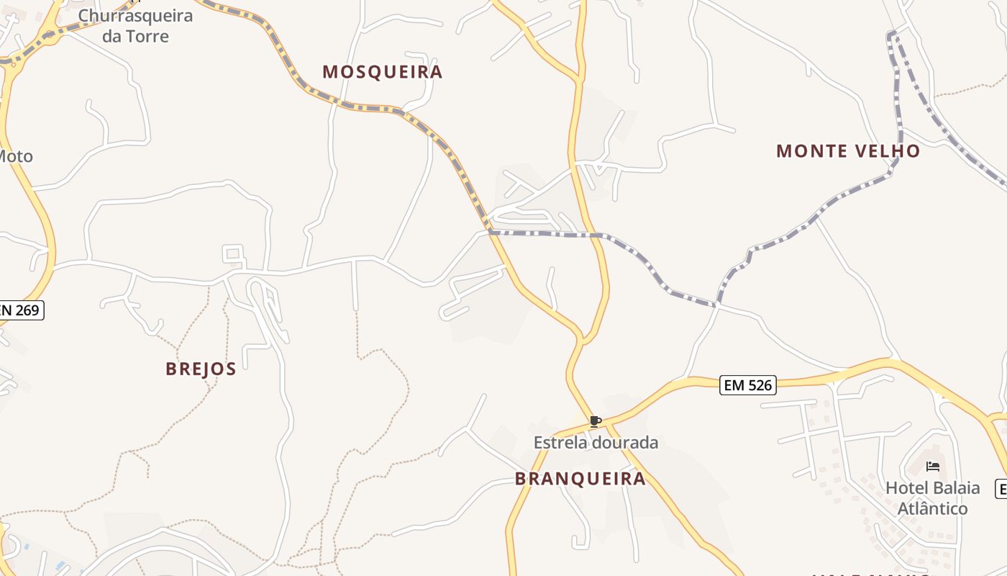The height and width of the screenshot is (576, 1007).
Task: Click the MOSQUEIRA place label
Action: tap(382, 72)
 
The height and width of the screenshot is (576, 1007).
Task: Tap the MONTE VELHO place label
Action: tap(848, 151)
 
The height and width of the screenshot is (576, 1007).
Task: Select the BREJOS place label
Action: tap(201, 369)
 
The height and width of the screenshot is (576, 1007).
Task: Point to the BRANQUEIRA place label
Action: tap(580, 479)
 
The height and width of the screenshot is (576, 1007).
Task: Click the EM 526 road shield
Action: tap(747, 385)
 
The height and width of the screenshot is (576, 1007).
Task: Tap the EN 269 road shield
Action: tap(22, 310)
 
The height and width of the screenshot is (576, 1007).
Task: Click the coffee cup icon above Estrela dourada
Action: tap(595, 421)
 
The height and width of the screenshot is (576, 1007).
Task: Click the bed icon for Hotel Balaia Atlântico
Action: tap(933, 467)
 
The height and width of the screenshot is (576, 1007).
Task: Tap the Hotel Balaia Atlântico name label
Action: tap(932, 498)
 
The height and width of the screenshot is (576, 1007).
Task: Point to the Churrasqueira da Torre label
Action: tap(135, 26)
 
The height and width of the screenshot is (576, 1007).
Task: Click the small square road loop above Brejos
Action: tap(232, 253)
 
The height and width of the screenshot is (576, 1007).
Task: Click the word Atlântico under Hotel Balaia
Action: tap(932, 508)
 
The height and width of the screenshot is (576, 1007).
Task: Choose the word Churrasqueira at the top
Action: tap(135, 16)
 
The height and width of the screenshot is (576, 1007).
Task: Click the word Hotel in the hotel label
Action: tap(906, 487)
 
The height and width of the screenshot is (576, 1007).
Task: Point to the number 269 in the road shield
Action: tap(28, 310)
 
